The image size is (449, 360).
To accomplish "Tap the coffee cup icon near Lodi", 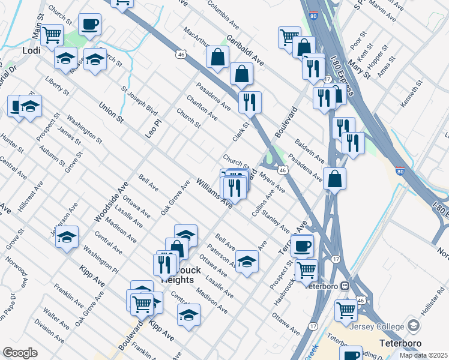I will pos(89,25).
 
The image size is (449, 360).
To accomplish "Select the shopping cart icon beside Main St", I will pos(52,35).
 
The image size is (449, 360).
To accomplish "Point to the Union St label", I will pos(112,113).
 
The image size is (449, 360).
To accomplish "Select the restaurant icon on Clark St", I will pos(250,102).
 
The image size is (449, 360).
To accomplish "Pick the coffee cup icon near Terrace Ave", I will pos(302,246).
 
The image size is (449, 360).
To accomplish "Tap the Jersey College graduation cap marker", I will pos(414,325).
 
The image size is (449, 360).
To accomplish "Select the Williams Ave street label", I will pos(214,193).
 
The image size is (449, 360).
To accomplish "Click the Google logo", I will pos(20,353).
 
